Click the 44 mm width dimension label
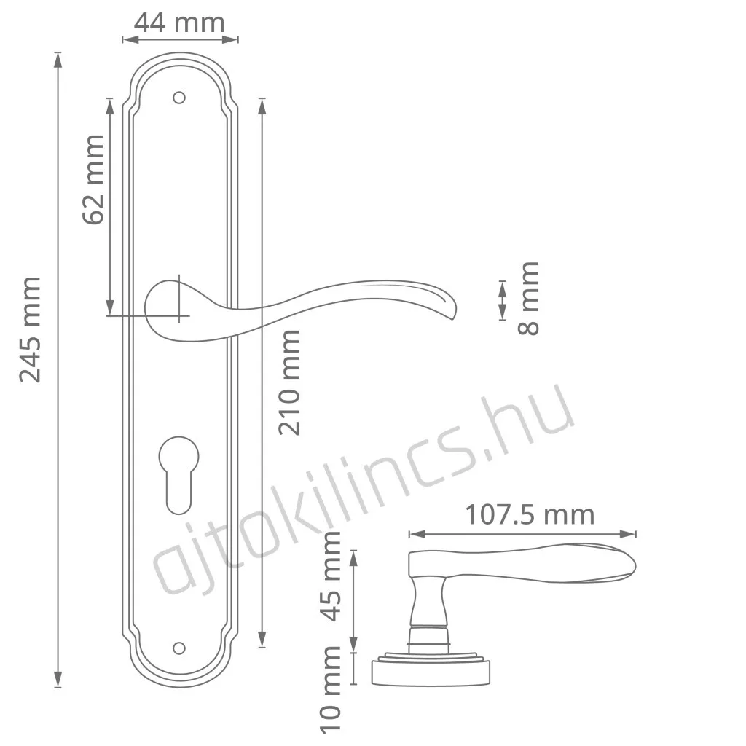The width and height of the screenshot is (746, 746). point(179,23)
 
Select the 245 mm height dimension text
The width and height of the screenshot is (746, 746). point(30,329)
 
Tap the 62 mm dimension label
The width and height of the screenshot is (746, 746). point(93,179)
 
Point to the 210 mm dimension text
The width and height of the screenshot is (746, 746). point(289,382)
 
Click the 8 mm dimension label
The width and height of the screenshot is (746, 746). point(529,298)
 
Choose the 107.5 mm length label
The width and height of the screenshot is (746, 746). point(530,515)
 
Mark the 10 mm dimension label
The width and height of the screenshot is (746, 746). point(331,690)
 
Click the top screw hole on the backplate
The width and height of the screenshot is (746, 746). point(179,98)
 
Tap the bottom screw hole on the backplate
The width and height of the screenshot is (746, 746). point(179,648)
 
